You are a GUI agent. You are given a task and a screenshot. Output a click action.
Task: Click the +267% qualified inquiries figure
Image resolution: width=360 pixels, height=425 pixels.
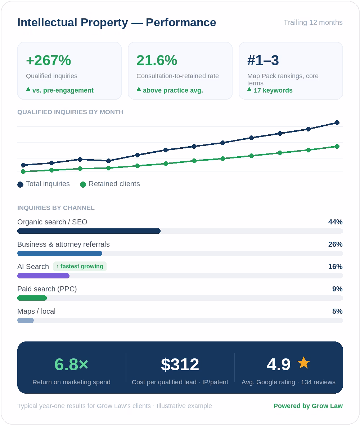pos(49,60)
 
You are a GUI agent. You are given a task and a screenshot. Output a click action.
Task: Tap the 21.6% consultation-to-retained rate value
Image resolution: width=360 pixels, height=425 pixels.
pos(157,60)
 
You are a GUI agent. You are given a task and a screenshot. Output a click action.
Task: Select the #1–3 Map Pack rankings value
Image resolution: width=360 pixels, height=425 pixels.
pos(263,60)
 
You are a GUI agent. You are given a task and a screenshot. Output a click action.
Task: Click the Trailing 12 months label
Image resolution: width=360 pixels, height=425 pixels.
pos(313,22)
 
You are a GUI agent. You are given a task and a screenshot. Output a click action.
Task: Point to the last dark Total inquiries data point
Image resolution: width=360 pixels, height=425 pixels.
pos(337,123)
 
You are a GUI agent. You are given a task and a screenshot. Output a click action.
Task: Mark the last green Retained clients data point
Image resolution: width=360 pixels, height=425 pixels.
pos(337,146)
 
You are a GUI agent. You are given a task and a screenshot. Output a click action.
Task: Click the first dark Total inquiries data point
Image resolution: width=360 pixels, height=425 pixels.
pos(23,165)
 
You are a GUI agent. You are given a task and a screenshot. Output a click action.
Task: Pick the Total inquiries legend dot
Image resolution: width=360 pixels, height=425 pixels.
pos(20,184)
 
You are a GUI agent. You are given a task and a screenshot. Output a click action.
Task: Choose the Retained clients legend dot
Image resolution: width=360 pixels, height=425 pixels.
pos(83,184)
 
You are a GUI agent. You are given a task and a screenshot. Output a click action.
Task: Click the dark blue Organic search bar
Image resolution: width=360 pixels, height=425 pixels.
pos(89,231)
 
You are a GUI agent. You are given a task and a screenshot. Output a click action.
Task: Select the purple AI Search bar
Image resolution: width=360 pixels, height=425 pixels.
pos(43,276)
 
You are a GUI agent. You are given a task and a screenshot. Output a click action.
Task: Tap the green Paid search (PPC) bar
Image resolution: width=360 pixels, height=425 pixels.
pos(32,298)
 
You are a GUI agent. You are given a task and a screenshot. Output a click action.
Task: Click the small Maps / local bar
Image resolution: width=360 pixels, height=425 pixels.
pos(26,321)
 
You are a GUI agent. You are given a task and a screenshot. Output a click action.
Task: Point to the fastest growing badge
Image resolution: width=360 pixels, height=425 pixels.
pos(80,267)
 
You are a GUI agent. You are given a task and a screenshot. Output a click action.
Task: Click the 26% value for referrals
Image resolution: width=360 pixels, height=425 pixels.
pos(336,245)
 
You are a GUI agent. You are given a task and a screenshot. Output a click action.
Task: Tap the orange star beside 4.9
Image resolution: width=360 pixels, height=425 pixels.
pos(303,363)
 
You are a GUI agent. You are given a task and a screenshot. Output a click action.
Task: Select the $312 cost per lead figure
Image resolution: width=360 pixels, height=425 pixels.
pos(180,364)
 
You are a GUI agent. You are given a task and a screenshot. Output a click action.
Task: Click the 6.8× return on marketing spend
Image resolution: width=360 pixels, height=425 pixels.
pos(71,364)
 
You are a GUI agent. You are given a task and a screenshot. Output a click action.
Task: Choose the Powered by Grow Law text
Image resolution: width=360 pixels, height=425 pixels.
pos(308,406)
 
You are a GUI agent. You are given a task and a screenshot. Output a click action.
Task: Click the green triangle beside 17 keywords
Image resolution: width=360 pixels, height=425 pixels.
pos(249,89)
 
